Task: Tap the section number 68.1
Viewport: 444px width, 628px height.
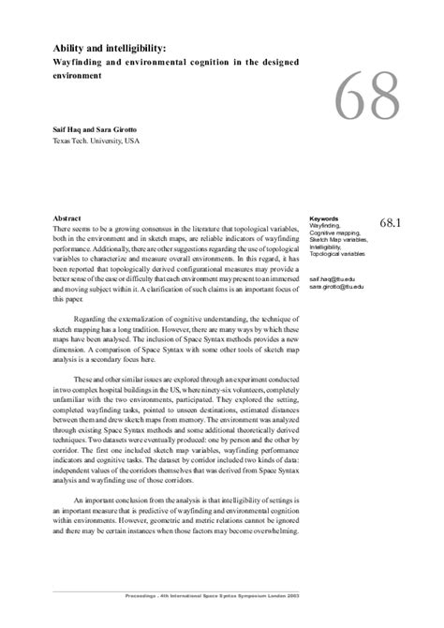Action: [x=391, y=224]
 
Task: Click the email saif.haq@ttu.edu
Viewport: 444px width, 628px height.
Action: [x=332, y=279]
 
